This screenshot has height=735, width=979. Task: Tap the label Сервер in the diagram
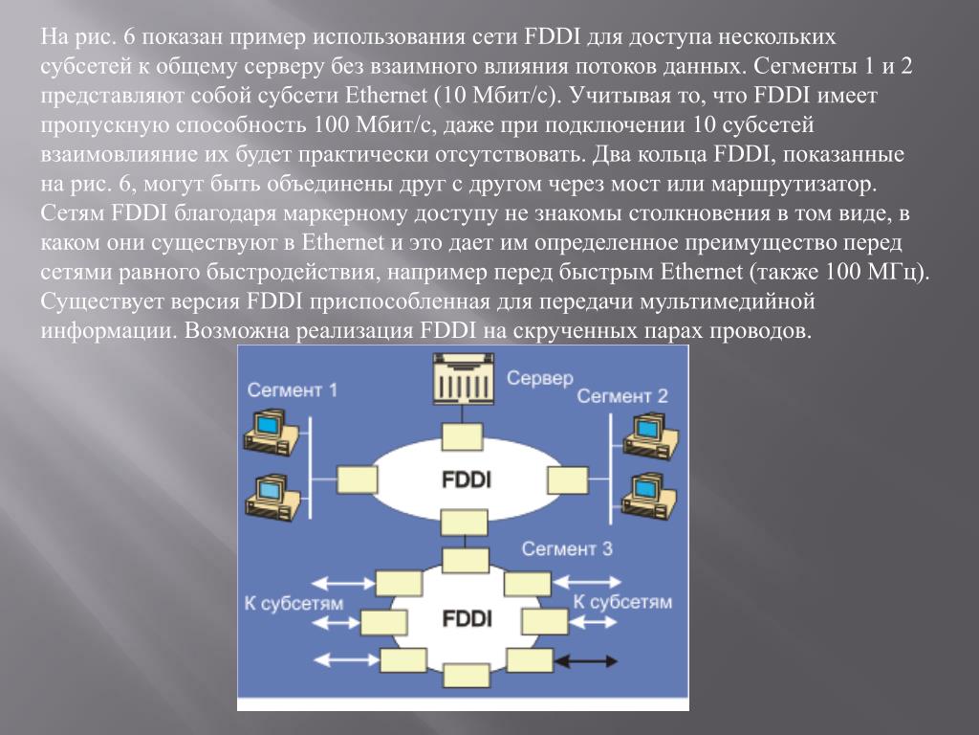click(540, 378)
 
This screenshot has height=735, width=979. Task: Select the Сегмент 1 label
click(292, 390)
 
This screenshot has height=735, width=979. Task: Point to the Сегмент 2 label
click(622, 395)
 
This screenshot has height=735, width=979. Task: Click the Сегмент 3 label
click(566, 548)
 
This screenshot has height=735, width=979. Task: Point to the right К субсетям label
click(621, 602)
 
